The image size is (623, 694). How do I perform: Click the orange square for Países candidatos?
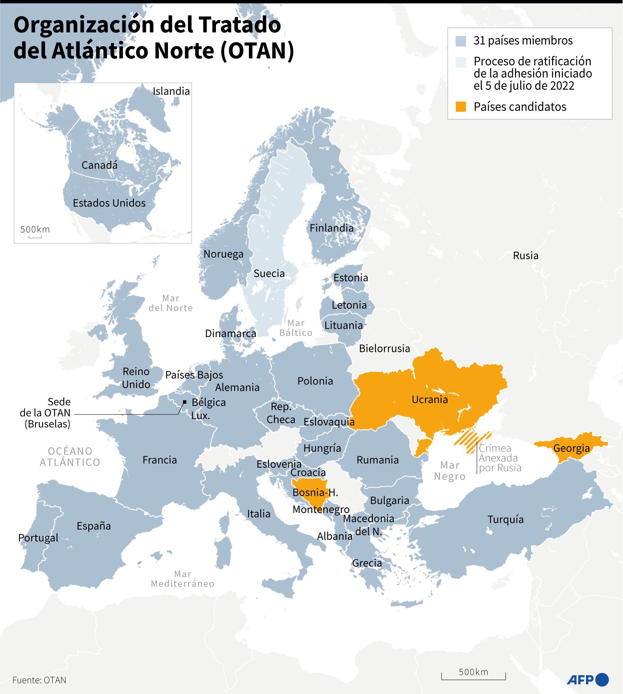[x=460, y=107]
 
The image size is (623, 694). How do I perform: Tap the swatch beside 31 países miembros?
[x=460, y=41]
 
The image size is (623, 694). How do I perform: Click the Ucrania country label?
[x=429, y=399]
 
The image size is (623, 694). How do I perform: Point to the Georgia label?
[x=571, y=448]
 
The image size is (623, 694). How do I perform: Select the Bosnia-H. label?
[x=315, y=492]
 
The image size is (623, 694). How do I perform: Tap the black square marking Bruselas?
[x=184, y=402]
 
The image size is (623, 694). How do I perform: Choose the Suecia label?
[x=269, y=273]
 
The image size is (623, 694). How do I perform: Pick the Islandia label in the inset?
[x=171, y=91]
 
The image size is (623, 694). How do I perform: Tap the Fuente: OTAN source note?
[x=39, y=680]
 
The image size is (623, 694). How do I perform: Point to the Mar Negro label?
[x=449, y=471]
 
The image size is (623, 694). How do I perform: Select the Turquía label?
[x=505, y=519]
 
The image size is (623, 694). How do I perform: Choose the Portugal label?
[x=38, y=538]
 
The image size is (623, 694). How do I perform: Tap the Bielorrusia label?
[x=384, y=348]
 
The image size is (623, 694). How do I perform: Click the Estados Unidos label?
[x=109, y=203]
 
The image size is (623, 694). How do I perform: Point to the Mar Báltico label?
[x=296, y=327]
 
